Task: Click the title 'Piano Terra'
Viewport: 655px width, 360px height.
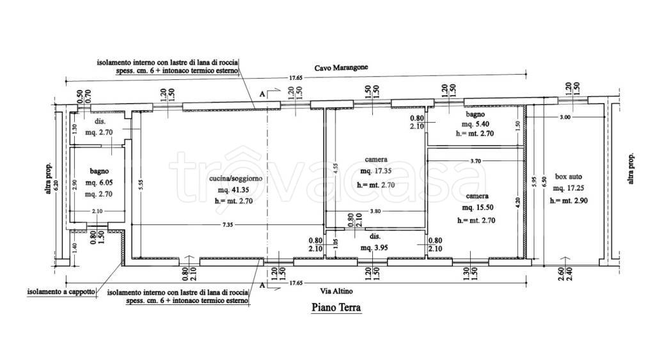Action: pyautogui.click(x=336, y=308)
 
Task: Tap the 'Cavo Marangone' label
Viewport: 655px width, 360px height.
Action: pyautogui.click(x=342, y=68)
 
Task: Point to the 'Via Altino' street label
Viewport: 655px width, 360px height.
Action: pyautogui.click(x=336, y=291)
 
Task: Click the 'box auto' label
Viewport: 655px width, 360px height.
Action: pyautogui.click(x=569, y=176)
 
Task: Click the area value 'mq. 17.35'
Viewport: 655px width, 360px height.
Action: pyautogui.click(x=376, y=171)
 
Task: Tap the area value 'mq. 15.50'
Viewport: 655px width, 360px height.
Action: pyautogui.click(x=478, y=208)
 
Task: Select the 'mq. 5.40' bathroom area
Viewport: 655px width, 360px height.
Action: pyautogui.click(x=475, y=124)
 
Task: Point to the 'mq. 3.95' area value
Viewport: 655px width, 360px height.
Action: pyautogui.click(x=374, y=247)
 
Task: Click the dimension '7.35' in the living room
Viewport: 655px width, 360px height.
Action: pyautogui.click(x=228, y=224)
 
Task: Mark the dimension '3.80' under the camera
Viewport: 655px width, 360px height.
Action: pyautogui.click(x=375, y=211)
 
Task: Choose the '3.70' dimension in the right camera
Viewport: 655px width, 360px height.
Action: pyautogui.click(x=475, y=160)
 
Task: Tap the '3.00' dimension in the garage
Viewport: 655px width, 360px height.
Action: pyautogui.click(x=565, y=118)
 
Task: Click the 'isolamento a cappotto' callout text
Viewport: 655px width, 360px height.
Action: pyautogui.click(x=61, y=292)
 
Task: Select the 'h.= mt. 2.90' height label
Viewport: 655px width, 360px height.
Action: pyautogui.click(x=569, y=201)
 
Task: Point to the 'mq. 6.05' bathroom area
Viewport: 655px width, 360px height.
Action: pyautogui.click(x=99, y=182)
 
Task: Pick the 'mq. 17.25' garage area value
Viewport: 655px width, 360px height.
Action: pyautogui.click(x=569, y=189)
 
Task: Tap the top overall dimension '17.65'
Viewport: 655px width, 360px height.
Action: pyautogui.click(x=296, y=77)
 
